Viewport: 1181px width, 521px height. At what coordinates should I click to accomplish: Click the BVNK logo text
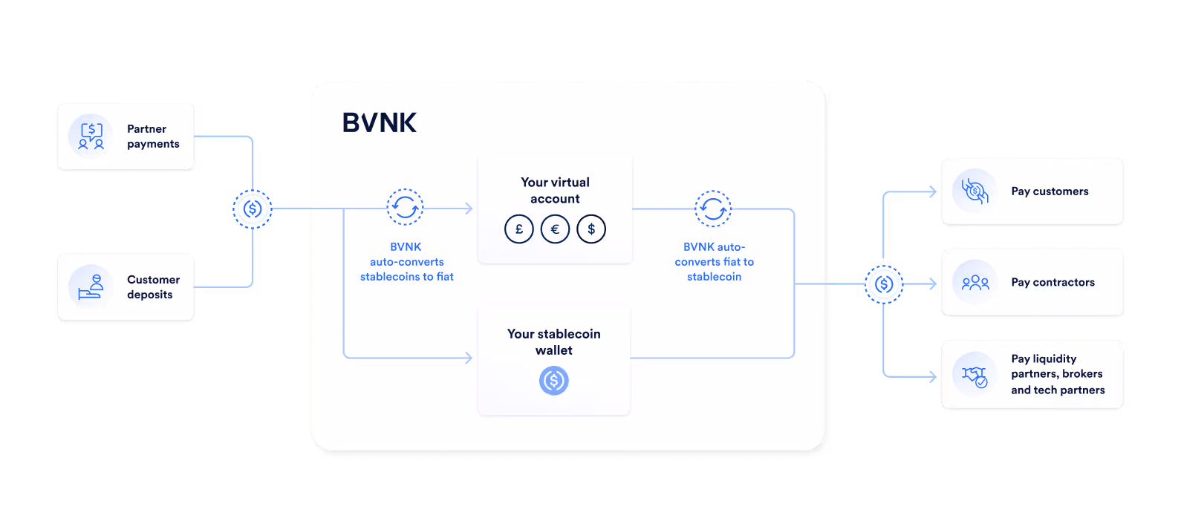379,122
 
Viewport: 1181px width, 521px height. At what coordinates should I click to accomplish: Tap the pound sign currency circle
519,229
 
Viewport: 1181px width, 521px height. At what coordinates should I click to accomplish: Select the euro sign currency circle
555,229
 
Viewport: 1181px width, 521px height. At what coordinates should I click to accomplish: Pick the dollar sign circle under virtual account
591,229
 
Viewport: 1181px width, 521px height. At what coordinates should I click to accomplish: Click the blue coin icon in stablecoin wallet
553,381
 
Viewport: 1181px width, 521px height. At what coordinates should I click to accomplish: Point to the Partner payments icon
91,136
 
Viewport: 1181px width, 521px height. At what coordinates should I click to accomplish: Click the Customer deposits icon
91,286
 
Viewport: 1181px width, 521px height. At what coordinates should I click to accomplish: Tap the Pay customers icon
975,191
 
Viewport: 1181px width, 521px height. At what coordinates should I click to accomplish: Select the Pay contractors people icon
975,283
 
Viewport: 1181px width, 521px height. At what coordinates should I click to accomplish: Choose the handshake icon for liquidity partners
975,376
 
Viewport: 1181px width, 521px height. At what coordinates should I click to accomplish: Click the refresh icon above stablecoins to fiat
406,207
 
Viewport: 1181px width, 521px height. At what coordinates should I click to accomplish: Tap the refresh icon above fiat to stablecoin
713,209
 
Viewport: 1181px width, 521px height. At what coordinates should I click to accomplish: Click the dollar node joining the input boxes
253,209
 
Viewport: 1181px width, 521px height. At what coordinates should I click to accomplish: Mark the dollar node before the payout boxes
884,284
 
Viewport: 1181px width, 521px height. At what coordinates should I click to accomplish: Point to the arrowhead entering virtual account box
469,209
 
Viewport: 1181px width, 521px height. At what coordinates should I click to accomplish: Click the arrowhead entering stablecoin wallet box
469,358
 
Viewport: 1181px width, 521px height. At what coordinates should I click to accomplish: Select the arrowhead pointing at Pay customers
933,192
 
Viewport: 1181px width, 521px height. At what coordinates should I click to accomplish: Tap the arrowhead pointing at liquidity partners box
933,377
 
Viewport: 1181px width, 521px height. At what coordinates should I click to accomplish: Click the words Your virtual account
555,190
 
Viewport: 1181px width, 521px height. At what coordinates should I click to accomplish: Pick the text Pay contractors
1053,282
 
